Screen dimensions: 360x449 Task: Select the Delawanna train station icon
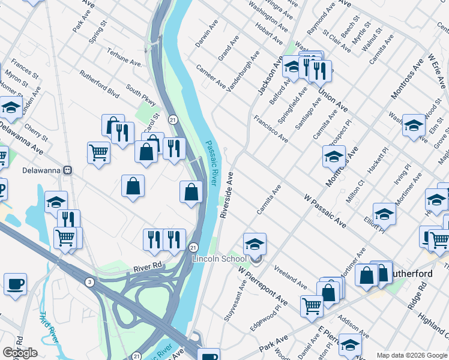pos(68,170)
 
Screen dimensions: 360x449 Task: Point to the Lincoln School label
pos(218,259)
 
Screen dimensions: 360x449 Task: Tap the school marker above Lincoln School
pos(255,244)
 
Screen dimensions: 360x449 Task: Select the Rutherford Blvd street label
pos(100,84)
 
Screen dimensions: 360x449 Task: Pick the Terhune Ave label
pos(124,56)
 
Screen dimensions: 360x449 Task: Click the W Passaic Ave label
pos(325,211)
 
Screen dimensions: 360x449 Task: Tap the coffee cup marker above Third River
pos(15,284)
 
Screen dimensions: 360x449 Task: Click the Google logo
pos(20,352)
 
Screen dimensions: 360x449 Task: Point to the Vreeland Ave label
pos(290,275)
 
